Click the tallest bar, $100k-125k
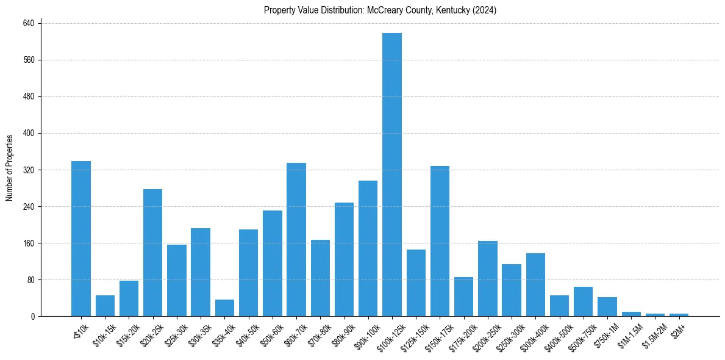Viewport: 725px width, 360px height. click(392, 175)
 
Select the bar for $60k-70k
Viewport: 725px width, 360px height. click(296, 239)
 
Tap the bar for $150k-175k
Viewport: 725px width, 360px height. click(440, 241)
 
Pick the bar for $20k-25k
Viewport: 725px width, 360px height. click(153, 253)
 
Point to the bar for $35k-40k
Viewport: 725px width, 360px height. click(224, 308)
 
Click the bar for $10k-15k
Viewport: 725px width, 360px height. click(105, 306)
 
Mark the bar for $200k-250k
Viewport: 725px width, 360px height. click(488, 279)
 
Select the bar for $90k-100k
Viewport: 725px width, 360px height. click(368, 248)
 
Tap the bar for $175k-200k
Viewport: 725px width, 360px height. click(464, 297)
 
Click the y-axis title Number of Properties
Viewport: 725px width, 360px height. click(10, 168)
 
